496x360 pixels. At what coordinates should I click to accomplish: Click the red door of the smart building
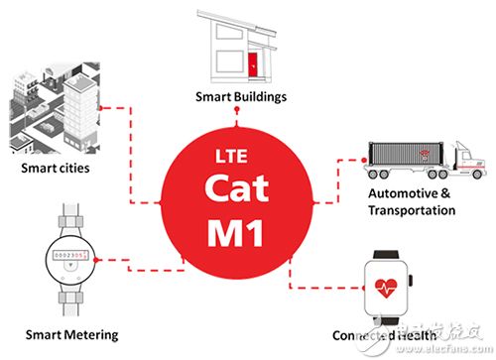click(255, 65)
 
